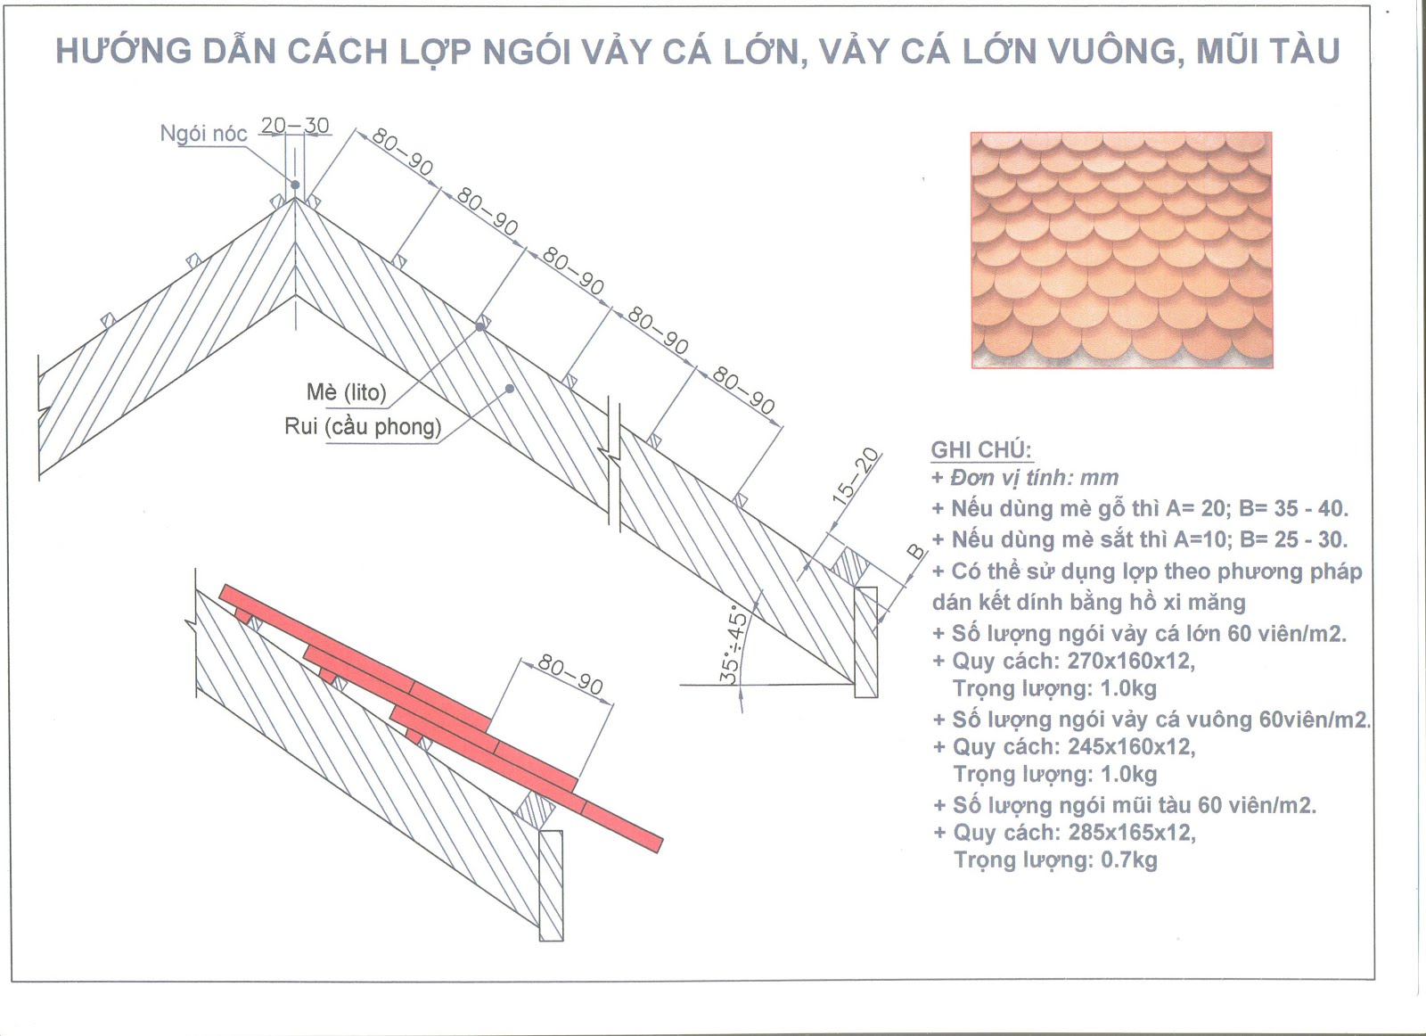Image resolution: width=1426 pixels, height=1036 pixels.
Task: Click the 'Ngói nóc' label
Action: pyautogui.click(x=203, y=134)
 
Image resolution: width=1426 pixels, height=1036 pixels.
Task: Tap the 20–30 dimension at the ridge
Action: pyautogui.click(x=295, y=126)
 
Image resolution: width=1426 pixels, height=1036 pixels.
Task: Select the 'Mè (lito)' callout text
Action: pyautogui.click(x=346, y=392)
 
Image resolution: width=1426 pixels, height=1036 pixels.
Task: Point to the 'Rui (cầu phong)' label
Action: pyautogui.click(x=363, y=426)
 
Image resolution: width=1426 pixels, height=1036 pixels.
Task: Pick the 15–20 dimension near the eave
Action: pyautogui.click(x=854, y=477)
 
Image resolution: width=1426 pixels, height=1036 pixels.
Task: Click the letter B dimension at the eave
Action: pyautogui.click(x=916, y=551)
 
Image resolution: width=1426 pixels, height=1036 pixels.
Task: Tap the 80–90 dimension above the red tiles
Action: pyautogui.click(x=571, y=676)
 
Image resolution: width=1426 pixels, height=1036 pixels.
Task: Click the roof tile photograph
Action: pyautogui.click(x=1121, y=250)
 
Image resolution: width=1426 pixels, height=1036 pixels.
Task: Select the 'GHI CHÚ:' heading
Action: pyautogui.click(x=981, y=449)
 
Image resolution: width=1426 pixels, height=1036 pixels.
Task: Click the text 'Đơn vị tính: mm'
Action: pyautogui.click(x=1034, y=478)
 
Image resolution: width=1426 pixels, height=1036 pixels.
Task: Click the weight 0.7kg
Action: pyautogui.click(x=1128, y=859)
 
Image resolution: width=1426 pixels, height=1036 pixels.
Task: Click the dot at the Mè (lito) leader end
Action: pyautogui.click(x=479, y=327)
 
